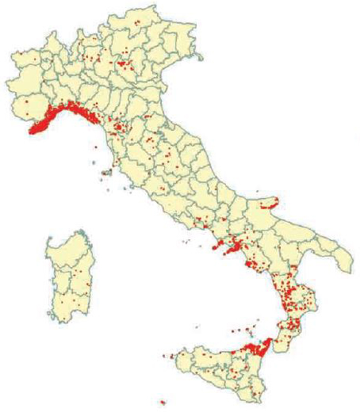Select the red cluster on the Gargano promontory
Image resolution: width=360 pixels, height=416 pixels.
click(x=268, y=204)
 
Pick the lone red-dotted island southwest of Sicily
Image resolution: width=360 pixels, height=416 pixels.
click(x=163, y=403)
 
